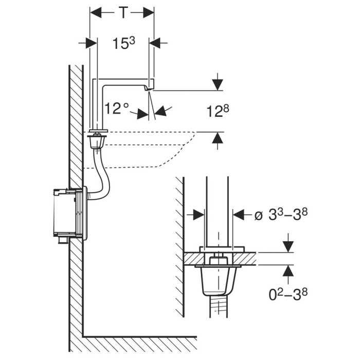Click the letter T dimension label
123,12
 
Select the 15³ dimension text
124,43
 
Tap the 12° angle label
117,108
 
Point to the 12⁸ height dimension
218,111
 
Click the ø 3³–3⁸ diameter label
281,215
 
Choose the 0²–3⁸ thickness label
288,294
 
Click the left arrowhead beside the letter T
96,12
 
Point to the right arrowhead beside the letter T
149,12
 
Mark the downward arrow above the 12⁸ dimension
218,82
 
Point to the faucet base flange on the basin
99,131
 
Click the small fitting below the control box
62,240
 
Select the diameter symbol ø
259,216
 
